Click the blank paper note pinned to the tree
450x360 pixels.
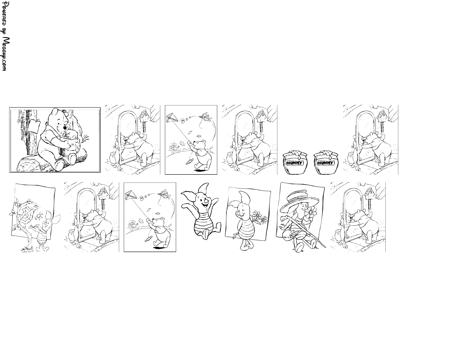tap(34, 126)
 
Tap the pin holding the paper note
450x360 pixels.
tap(38, 121)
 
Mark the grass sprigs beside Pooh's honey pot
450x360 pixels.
tap(86, 138)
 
